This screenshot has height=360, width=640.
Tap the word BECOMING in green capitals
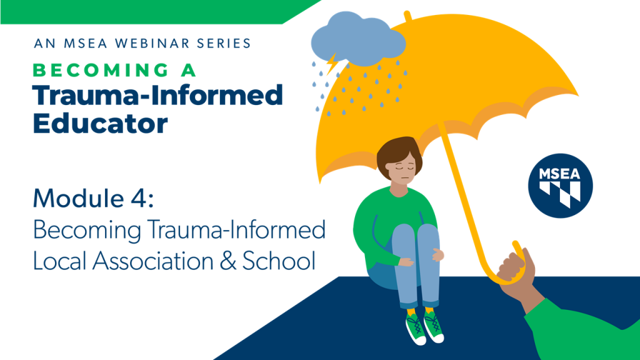(x=101, y=70)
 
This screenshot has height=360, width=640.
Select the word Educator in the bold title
(x=100, y=123)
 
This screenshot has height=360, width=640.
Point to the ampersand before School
(x=227, y=261)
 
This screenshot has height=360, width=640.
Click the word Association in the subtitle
(x=152, y=261)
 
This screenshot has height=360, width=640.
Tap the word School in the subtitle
(x=279, y=261)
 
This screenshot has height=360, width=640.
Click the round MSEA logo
(x=560, y=186)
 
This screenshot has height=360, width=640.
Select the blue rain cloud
(x=358, y=39)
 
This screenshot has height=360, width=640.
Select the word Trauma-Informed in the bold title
(x=157, y=95)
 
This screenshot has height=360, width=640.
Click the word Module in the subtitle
(x=78, y=198)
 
